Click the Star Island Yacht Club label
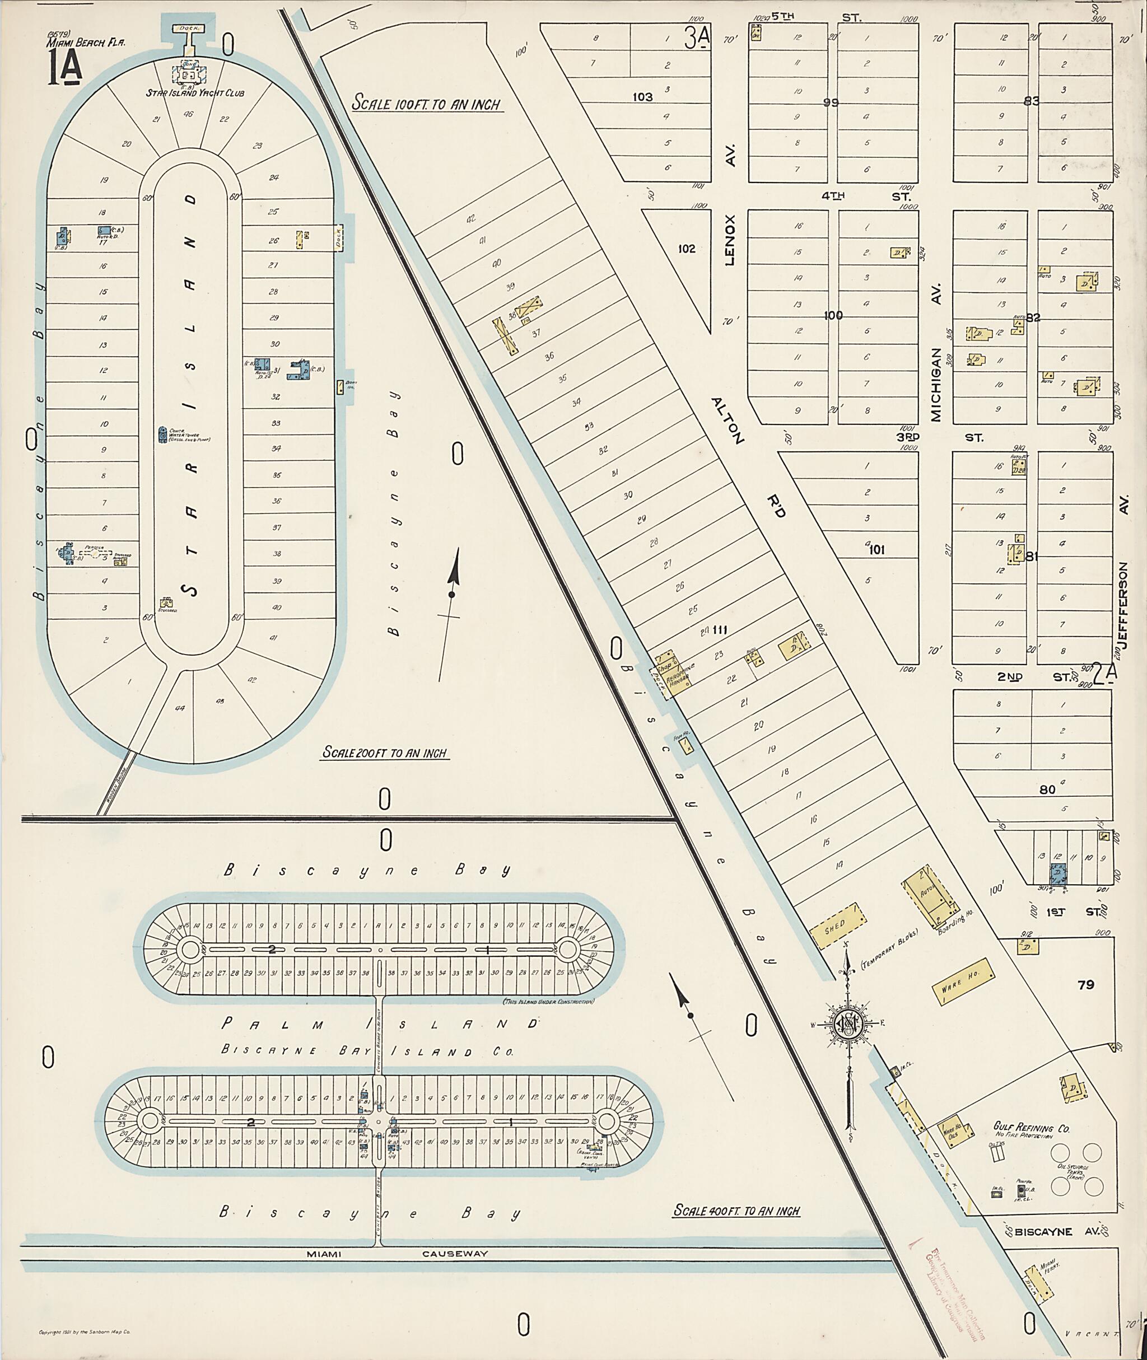[x=195, y=93]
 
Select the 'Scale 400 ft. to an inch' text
[x=736, y=1211]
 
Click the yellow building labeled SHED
[x=837, y=927]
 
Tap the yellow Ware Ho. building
[x=964, y=982]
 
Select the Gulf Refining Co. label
[x=1031, y=1129]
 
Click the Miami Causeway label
[x=397, y=1254]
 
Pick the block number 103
[x=642, y=97]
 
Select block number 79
[x=1086, y=985]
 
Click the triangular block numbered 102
[x=687, y=249]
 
